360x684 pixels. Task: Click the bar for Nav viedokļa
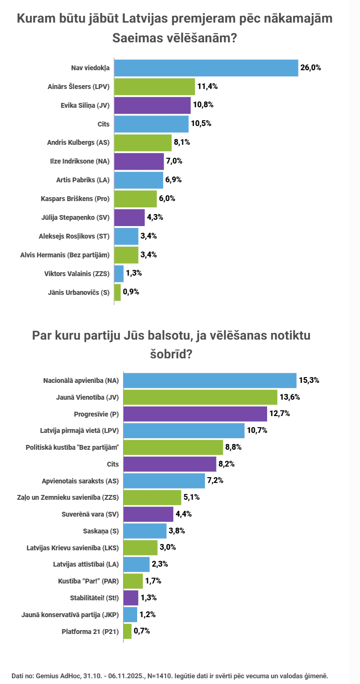[206, 68]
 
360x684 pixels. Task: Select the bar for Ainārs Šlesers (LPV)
[154, 87]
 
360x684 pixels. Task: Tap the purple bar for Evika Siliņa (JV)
[152, 105]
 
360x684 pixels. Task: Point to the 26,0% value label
[310, 68]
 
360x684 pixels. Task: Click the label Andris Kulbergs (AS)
[78, 142]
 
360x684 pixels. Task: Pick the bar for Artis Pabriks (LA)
[139, 180]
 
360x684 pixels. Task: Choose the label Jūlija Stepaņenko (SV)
[76, 217]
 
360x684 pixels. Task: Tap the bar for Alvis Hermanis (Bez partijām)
[126, 254]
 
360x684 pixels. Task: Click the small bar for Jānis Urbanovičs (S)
[117, 291]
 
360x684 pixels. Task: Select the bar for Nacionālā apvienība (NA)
[210, 380]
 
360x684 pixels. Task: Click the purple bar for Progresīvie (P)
[195, 414]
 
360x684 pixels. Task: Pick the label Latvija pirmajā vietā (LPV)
[79, 431]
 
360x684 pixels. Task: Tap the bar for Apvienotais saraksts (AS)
[164, 481]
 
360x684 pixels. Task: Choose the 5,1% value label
[191, 497]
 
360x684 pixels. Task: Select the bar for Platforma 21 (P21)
[128, 631]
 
